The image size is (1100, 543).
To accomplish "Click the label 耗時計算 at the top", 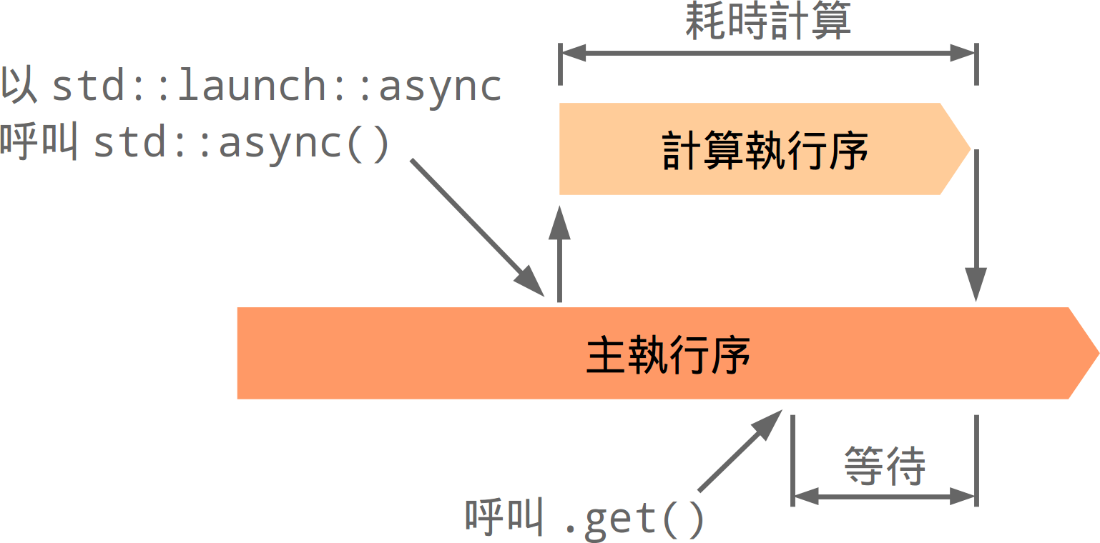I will point(767,22).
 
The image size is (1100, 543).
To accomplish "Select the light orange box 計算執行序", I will point(751,149).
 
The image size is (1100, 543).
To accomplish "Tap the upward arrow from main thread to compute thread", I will point(559,254).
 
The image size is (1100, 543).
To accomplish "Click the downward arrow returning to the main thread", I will point(976,229).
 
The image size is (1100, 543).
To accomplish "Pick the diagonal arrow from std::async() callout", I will point(476,226).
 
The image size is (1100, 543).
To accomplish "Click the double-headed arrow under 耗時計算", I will point(767,53).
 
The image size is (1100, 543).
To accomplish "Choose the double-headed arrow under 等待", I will point(885,495).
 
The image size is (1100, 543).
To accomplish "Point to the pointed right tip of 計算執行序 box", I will point(962,149).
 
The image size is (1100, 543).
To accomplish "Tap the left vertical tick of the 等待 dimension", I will point(793,461).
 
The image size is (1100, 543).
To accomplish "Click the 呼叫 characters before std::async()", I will point(39,143).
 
